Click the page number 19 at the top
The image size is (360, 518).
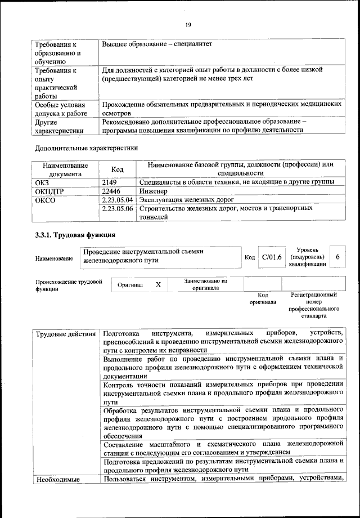point(188,24)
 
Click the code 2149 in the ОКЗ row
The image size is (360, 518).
point(111,182)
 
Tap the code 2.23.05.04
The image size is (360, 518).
point(118,200)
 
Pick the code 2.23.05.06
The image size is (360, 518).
point(118,209)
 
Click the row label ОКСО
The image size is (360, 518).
point(45,200)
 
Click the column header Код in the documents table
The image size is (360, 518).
point(117,169)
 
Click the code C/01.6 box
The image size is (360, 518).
point(272,257)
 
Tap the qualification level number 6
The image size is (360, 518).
point(337,257)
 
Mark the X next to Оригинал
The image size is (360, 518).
point(158,285)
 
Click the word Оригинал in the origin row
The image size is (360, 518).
point(130,285)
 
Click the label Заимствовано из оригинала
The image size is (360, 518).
point(205,284)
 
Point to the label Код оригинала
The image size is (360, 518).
point(263,298)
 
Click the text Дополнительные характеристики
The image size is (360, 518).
point(86,149)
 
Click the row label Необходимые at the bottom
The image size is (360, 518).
point(57,480)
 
